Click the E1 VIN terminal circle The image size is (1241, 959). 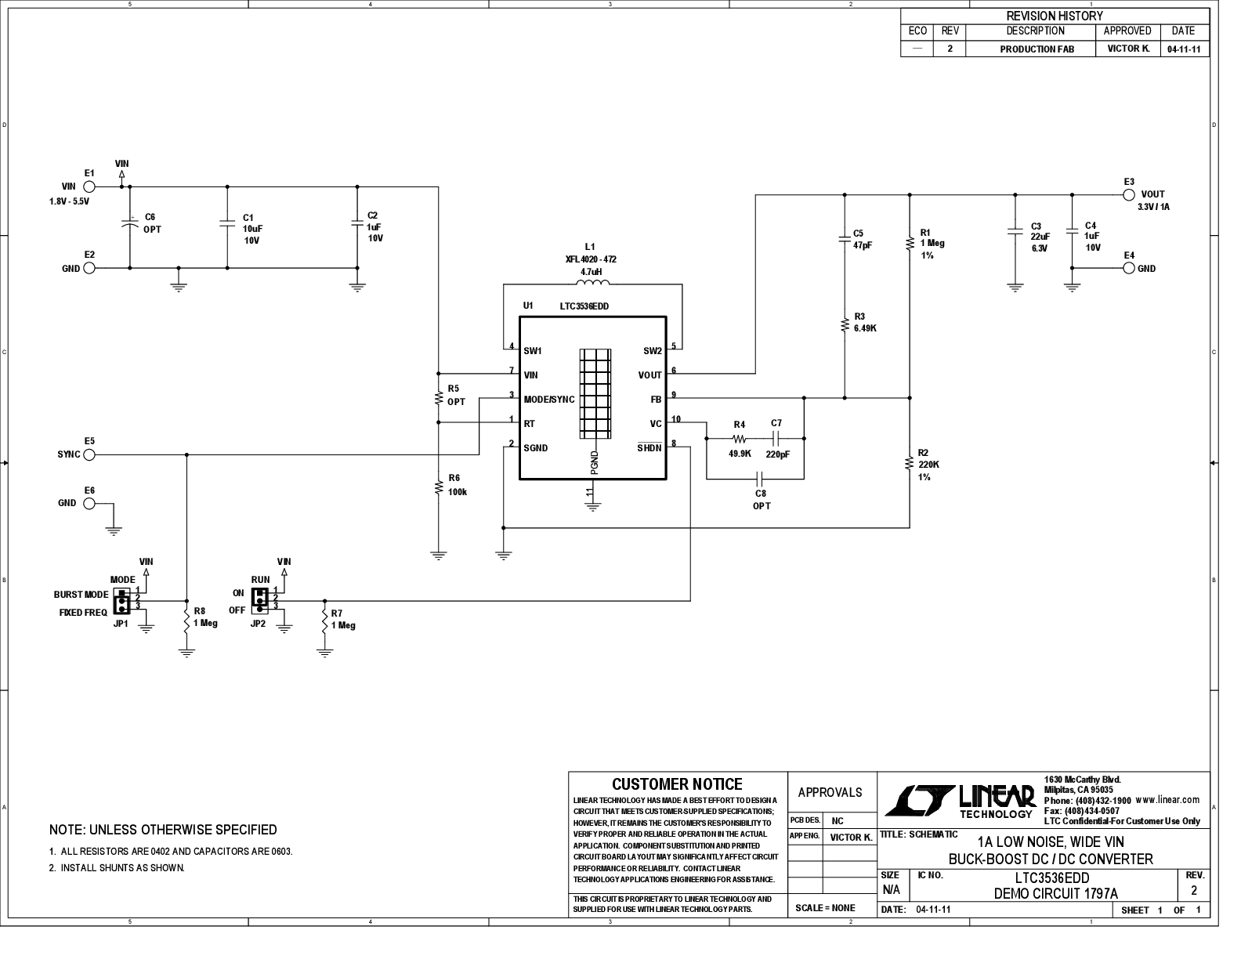(x=89, y=186)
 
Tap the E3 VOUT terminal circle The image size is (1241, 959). (x=1128, y=195)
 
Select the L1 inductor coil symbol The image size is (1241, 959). (x=593, y=282)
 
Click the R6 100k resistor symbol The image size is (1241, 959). (x=439, y=487)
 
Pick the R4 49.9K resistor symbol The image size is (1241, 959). (x=739, y=439)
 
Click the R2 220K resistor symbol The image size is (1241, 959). (x=909, y=463)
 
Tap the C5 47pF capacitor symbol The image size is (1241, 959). (x=845, y=239)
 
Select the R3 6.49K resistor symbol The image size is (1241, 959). (x=845, y=325)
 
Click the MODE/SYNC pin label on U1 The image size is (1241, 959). (x=549, y=400)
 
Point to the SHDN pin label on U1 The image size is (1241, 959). (x=649, y=448)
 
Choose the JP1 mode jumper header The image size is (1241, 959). (x=121, y=600)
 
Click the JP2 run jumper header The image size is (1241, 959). (x=260, y=600)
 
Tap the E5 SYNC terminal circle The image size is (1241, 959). (x=89, y=455)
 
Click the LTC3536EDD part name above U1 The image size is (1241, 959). (x=584, y=306)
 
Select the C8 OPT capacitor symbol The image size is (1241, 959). (x=759, y=479)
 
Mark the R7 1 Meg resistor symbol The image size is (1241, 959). (x=325, y=621)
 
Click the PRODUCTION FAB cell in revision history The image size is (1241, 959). (x=1037, y=49)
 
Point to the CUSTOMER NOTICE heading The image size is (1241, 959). (x=678, y=784)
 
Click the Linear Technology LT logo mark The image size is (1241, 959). (x=920, y=801)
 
